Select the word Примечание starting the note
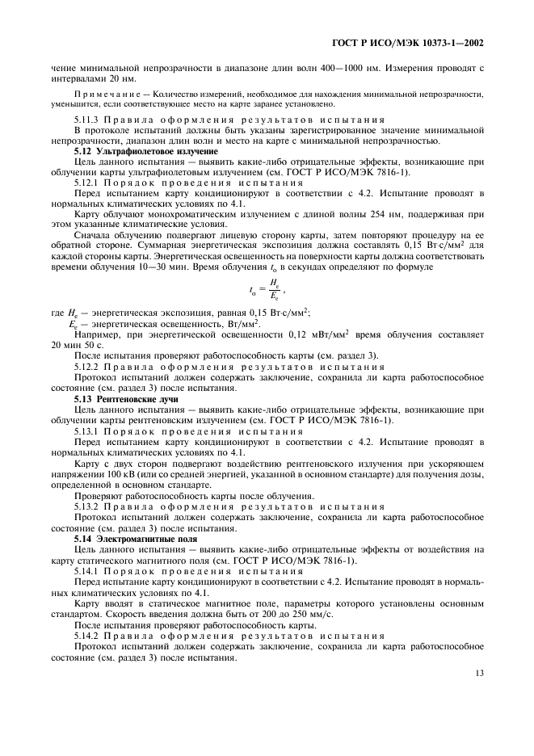102,95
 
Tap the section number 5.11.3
88,120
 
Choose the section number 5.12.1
88,182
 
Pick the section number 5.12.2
88,366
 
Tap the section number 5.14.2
88,639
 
